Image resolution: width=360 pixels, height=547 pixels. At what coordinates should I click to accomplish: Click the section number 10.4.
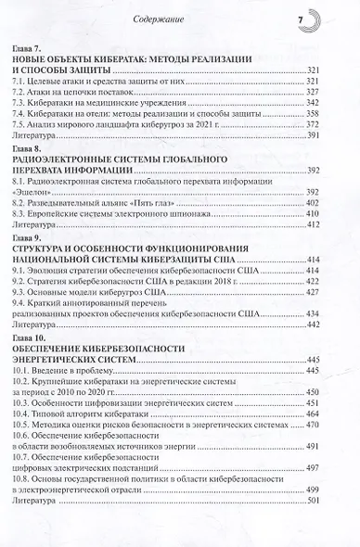coord(45,430)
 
